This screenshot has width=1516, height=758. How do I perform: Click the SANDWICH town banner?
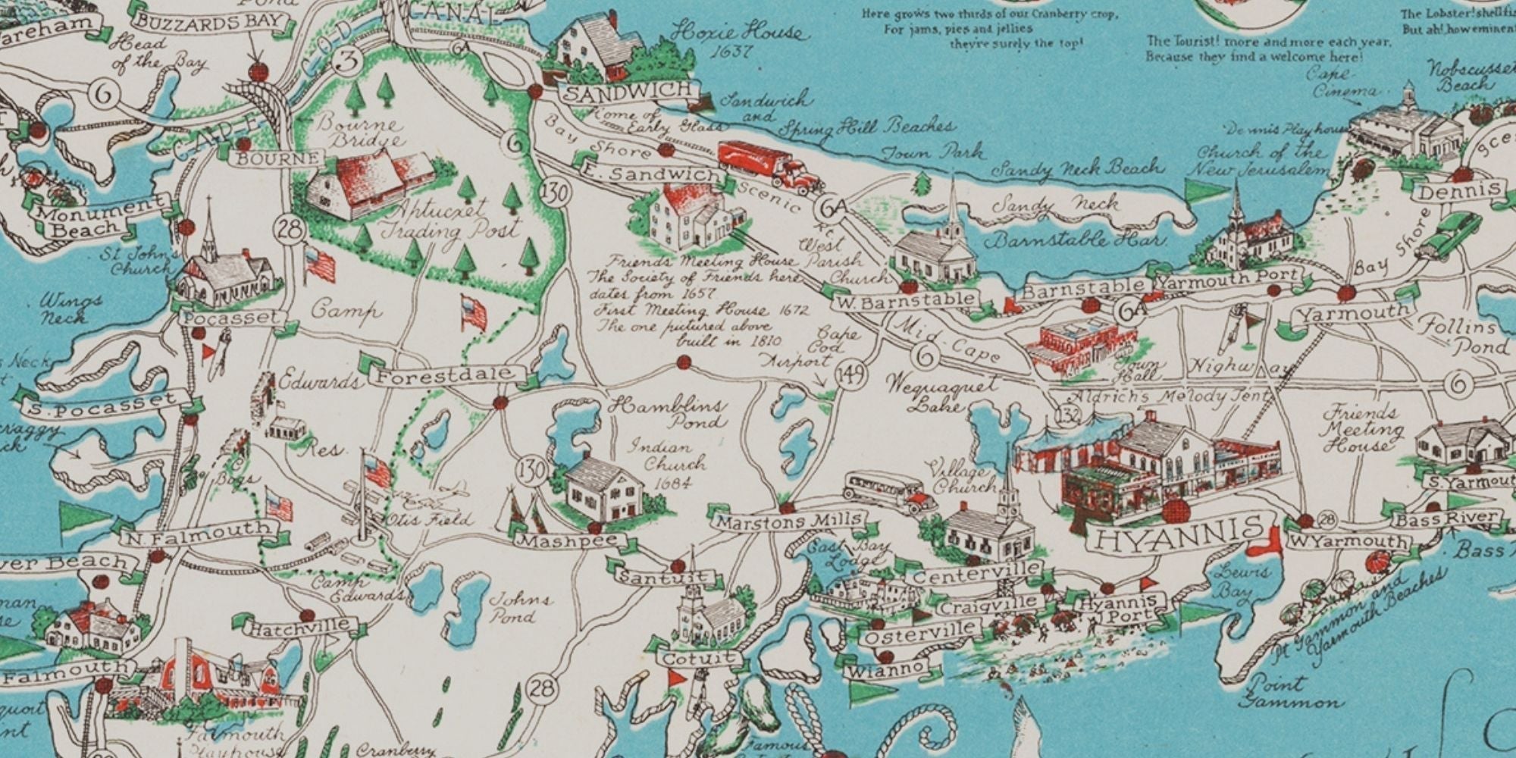628,92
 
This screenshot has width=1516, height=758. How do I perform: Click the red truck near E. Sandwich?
769,164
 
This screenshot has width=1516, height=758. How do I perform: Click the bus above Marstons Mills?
884,490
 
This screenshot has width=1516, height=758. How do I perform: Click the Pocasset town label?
230,318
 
